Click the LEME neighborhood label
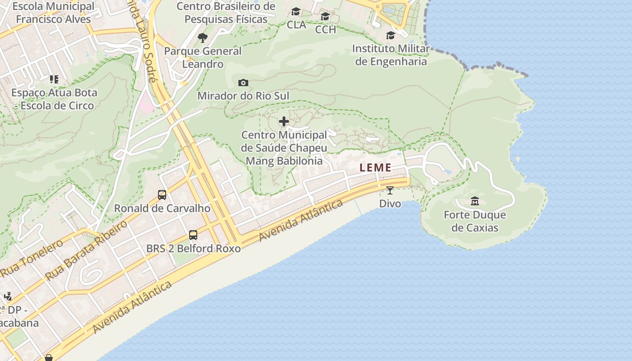tap(376, 167)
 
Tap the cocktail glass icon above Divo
tap(390, 190)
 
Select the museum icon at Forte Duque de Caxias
tap(474, 201)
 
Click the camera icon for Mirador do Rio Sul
tap(243, 83)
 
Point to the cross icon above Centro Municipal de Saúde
tap(284, 121)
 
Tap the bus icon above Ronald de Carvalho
tap(162, 195)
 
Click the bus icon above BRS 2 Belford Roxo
tap(193, 235)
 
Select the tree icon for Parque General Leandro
tap(203, 37)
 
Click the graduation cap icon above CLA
tap(296, 11)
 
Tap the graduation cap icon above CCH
tap(325, 17)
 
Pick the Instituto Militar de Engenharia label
tap(391, 55)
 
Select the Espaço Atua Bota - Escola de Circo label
tap(54, 99)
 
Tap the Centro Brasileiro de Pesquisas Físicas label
tap(226, 13)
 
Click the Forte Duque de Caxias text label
tap(475, 221)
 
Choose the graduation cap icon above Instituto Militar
tap(390, 36)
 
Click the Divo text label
tap(390, 204)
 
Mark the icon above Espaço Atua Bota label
tap(54, 80)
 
